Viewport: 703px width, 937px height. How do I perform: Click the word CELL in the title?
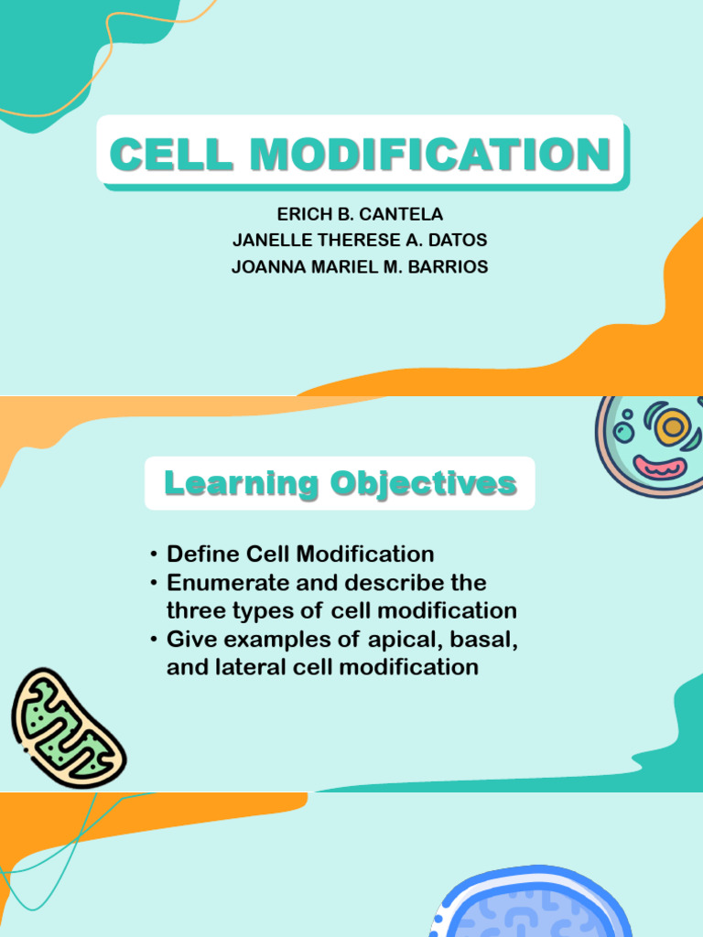pos(173,154)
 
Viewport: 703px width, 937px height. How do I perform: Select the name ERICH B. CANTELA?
pos(360,214)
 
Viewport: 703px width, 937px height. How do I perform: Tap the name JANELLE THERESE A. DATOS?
pos(360,241)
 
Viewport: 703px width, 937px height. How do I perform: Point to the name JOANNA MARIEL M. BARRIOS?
pos(360,267)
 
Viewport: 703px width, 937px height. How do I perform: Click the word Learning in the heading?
pos(241,483)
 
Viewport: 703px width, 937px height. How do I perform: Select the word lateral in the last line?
pos(245,667)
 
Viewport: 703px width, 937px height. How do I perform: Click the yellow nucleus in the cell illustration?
pos(673,426)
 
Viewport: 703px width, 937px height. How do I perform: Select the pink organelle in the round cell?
pos(659,467)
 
